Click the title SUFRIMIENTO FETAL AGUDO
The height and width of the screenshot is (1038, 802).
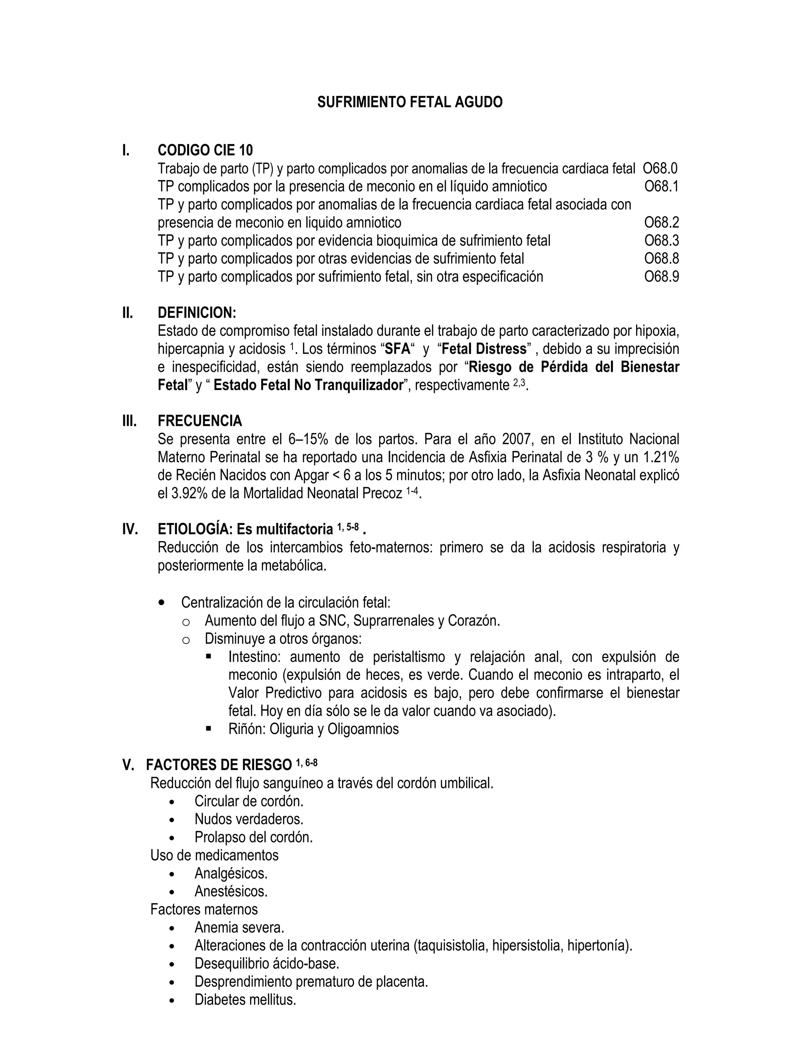point(410,102)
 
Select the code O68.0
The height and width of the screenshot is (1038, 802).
point(660,168)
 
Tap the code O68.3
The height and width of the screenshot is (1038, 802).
point(661,241)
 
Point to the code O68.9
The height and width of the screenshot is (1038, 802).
point(661,277)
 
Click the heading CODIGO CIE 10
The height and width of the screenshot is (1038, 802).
point(205,150)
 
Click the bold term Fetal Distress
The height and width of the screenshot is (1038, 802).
point(484,349)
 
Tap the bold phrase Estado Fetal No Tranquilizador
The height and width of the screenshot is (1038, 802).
point(308,385)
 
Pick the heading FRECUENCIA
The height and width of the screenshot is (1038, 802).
point(200,421)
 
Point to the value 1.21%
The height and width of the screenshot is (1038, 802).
point(660,457)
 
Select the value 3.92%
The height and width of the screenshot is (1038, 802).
point(189,493)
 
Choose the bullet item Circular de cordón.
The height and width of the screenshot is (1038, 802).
point(249,801)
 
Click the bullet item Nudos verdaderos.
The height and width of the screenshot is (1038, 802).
point(249,819)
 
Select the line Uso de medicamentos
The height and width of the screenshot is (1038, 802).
point(214,855)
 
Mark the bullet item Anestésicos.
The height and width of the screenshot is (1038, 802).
point(231,891)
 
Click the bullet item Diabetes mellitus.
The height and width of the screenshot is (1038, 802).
point(245,1000)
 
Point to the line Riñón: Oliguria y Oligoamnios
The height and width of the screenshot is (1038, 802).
point(313,729)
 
